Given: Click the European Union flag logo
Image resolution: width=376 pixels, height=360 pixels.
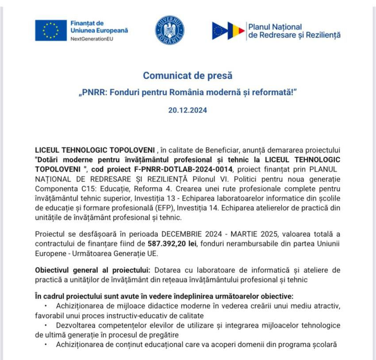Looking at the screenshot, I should [x=51, y=30].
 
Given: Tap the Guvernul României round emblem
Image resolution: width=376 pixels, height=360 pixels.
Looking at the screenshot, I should [x=169, y=30].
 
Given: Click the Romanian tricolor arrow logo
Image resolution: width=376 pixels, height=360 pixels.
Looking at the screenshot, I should [x=228, y=31].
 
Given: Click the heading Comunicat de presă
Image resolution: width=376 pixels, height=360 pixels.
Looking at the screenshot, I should [x=188, y=75].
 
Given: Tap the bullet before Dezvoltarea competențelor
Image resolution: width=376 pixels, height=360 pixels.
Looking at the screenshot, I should [x=46, y=325].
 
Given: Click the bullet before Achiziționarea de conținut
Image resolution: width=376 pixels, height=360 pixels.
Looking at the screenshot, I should [x=46, y=344].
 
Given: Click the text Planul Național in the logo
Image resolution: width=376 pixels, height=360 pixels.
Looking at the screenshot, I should [x=275, y=27].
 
